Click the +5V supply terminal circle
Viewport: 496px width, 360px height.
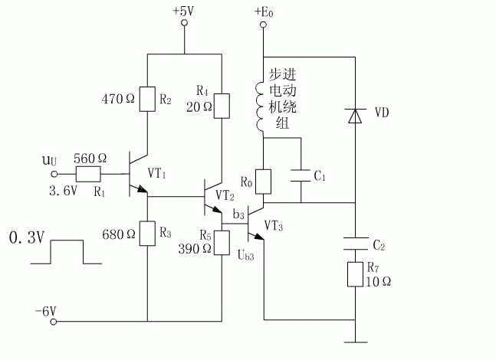pos(184,23)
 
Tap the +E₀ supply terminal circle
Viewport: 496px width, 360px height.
pos(263,25)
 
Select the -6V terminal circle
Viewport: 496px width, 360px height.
pos(54,322)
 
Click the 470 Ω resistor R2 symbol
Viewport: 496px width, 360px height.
pos(147,99)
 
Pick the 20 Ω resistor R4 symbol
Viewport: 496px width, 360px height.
pos(222,106)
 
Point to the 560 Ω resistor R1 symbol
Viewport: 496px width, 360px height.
pos(89,174)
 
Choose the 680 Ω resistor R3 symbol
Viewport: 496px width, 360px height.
pos(147,234)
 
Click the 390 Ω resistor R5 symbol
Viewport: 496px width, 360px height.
pos(222,243)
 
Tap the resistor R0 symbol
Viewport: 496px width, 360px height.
pos(263,182)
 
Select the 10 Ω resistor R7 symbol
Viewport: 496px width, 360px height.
pos(355,274)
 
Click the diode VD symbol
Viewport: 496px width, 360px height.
pos(355,116)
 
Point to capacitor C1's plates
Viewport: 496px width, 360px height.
pos(301,175)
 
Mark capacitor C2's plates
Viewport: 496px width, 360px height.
pos(355,244)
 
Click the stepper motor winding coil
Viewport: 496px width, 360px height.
pos(259,106)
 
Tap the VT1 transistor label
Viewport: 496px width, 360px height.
pos(157,173)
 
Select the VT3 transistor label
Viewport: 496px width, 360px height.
pos(274,226)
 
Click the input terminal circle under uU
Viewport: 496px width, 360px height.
pos(54,174)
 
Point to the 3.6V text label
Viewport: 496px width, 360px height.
pos(64,191)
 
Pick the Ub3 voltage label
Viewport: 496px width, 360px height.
pos(246,255)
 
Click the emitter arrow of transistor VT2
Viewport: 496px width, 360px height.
pos(216,210)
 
